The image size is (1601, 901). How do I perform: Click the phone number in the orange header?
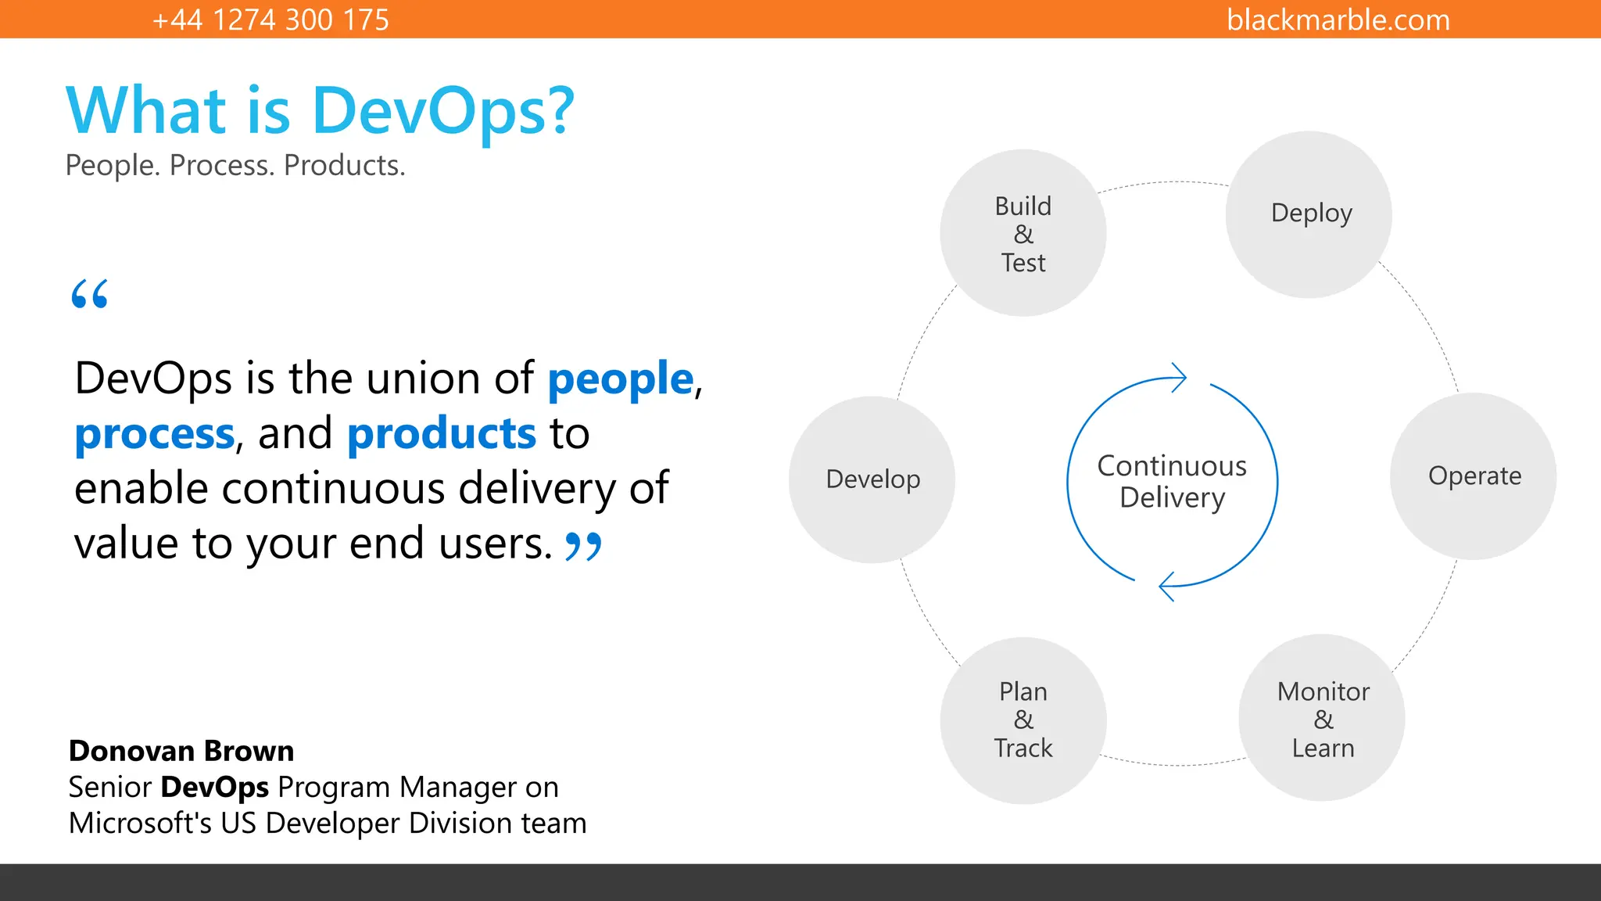click(x=270, y=20)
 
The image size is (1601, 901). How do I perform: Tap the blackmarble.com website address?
click(x=1338, y=20)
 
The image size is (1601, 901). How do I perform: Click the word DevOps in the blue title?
click(x=442, y=111)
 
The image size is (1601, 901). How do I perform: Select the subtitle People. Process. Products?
click(x=235, y=166)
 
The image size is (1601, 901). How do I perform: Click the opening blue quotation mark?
click(x=89, y=294)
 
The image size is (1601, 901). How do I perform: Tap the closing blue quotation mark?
click(x=583, y=546)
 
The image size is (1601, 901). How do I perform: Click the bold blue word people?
click(x=620, y=379)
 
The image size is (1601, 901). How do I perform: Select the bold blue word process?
click(x=155, y=434)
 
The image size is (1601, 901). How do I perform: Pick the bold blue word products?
click(x=441, y=434)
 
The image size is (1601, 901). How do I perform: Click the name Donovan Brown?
click(x=181, y=751)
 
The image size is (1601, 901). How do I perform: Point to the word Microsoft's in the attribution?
click(x=139, y=824)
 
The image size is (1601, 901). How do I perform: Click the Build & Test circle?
click(x=1023, y=233)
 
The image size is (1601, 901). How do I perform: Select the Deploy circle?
click(x=1309, y=214)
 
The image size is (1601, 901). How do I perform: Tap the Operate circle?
click(x=1473, y=476)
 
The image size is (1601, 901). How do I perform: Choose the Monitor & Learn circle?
click(x=1322, y=718)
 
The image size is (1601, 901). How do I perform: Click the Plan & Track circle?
click(x=1023, y=720)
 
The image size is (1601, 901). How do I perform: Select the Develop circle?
click(x=872, y=479)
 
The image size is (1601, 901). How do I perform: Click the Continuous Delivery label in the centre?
click(x=1172, y=482)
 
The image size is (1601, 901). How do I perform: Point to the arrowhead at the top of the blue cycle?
click(x=1179, y=378)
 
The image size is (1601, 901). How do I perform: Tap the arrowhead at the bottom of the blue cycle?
click(x=1166, y=586)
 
